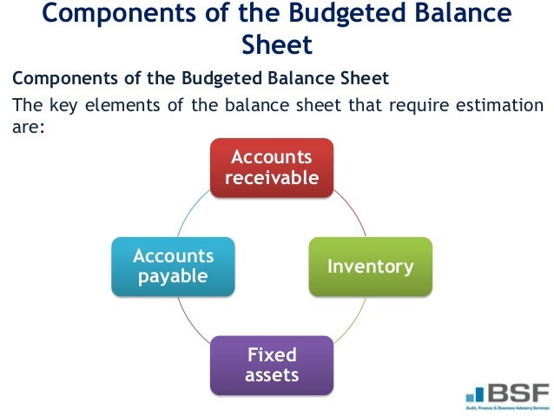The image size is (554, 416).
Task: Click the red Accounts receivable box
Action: click(271, 168)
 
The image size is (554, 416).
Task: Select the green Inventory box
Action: click(370, 266)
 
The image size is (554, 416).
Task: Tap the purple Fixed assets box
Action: click(271, 365)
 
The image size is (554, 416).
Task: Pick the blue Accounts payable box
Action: click(173, 266)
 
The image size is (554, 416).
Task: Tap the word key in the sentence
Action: click(61, 106)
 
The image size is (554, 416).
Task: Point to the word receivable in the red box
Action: click(271, 178)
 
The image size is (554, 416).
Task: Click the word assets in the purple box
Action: click(271, 375)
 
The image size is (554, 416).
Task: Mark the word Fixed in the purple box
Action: click(272, 354)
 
